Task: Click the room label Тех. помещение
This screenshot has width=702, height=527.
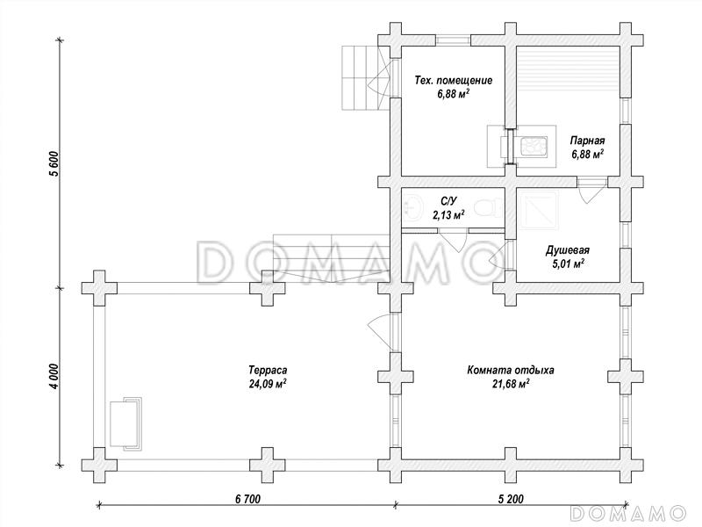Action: pos(454,80)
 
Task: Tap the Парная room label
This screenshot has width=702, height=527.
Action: pos(587,141)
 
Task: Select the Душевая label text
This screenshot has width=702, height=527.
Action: pos(567,250)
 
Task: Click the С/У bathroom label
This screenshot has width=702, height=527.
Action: pos(448,202)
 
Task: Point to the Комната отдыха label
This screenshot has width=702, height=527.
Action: pos(511,370)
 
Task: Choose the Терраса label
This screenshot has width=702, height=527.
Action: pos(268,370)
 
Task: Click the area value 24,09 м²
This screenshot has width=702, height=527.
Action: pos(268,384)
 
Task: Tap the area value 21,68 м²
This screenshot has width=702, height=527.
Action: pos(511,384)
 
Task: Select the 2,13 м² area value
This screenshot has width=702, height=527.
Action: pos(448,215)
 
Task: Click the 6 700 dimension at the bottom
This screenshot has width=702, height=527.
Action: pos(247,498)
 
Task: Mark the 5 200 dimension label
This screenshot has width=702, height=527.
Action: pos(511,498)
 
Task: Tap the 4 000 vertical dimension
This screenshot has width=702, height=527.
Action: pos(54,377)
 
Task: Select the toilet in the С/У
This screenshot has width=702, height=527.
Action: pos(487,209)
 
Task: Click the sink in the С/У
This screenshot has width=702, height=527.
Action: pos(414,208)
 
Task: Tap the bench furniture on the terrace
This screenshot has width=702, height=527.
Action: pos(125,423)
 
